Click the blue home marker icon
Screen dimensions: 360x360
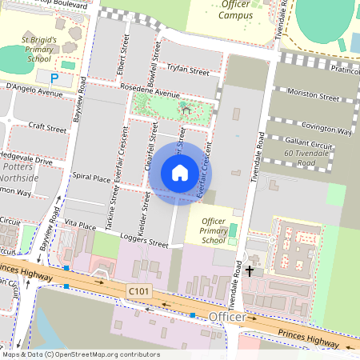pos(180,173)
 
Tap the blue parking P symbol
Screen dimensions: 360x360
pos(54,78)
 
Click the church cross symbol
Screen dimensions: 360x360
pos(249,271)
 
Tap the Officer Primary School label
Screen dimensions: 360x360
pos(214,230)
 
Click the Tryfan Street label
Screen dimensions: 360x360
pos(190,71)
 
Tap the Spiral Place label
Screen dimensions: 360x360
pos(90,178)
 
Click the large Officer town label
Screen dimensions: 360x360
pos(226,319)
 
